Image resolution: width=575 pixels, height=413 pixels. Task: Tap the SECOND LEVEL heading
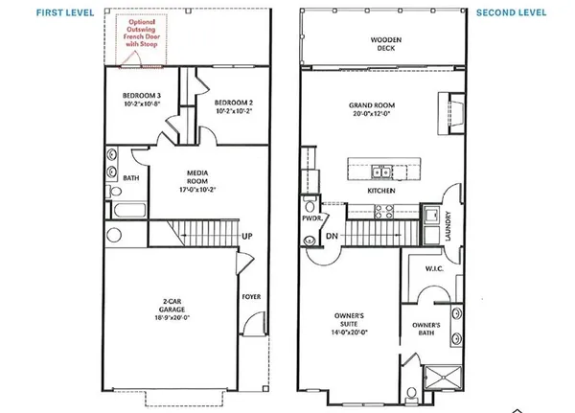(511, 12)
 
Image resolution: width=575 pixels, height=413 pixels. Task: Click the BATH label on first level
(130, 178)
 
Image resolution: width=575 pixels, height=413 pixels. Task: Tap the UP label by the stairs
(246, 236)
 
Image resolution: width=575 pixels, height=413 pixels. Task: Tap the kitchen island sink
(380, 172)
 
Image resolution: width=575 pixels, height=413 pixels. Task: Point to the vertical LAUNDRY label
(448, 226)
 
